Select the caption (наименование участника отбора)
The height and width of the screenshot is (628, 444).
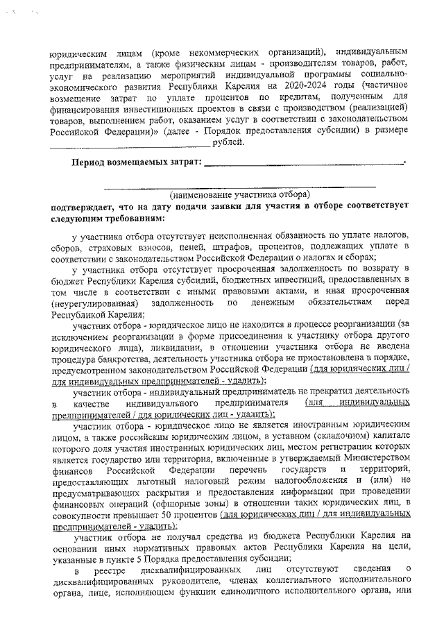[240, 195]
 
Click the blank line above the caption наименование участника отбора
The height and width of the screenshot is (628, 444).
[240, 187]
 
